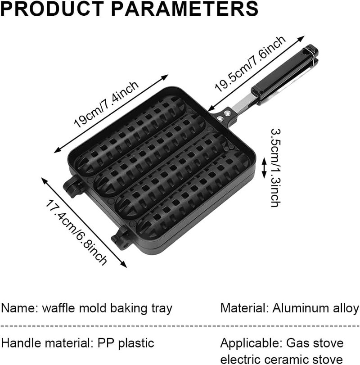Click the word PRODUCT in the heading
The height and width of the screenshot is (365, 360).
tap(52, 9)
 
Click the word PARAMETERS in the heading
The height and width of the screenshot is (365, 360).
tap(185, 9)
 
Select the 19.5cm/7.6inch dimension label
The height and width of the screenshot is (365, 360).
tap(250, 63)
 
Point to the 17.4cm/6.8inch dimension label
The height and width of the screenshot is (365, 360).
tap(76, 232)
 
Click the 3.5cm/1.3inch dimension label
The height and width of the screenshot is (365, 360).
tap(276, 168)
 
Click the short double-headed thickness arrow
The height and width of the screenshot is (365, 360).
tap(264, 168)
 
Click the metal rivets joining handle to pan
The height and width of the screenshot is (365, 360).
tap(223, 116)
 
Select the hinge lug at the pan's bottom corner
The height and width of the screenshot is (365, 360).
tap(121, 239)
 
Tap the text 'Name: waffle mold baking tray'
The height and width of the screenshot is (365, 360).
tap(86, 308)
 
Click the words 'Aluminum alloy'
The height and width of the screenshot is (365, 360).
tap(316, 308)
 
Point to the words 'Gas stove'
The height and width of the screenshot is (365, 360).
tap(315, 342)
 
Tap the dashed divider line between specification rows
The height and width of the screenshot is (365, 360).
tap(180, 326)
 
